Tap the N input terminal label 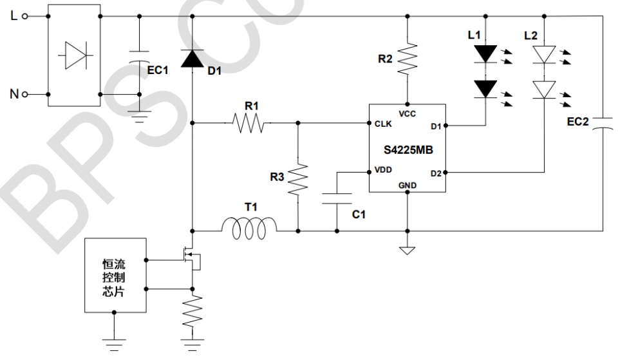[14, 95]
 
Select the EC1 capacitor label [158, 70]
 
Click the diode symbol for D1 [192, 58]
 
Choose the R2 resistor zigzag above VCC [407, 59]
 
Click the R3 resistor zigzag [297, 180]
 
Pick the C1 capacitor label [359, 214]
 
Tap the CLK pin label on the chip [384, 124]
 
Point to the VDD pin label [384, 172]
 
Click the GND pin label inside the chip [407, 185]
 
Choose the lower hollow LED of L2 [545, 89]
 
